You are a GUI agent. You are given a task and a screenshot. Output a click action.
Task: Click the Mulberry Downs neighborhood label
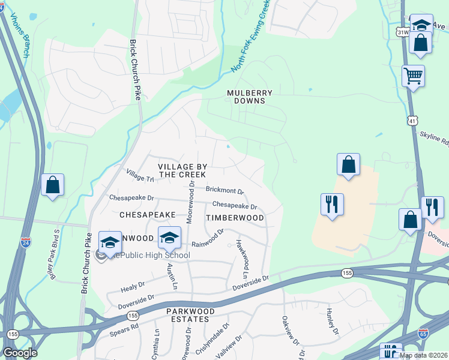click(250, 97)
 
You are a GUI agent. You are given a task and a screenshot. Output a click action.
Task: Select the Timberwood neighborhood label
click(235, 217)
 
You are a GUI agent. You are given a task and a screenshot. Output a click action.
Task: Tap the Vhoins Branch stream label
click(19, 36)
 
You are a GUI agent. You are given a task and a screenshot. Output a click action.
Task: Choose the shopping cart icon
click(413, 76)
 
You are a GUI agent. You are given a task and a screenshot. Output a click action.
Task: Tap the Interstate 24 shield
click(26, 242)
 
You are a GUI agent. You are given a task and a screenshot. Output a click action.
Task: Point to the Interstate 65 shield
click(423, 334)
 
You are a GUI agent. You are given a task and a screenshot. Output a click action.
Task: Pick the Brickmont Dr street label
click(224, 190)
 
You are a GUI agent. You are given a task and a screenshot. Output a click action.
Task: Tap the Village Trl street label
click(140, 175)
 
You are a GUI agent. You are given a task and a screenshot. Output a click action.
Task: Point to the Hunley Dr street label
click(332, 322)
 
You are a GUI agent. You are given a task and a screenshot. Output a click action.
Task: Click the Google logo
click(20, 353)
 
